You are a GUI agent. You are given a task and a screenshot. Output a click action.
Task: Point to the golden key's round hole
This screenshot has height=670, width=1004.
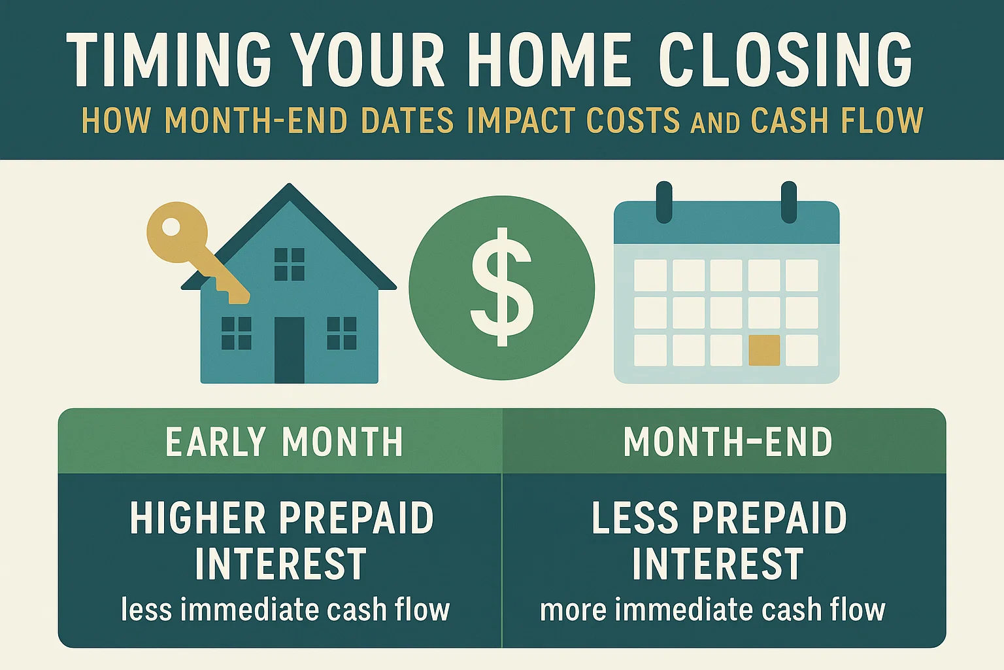tap(171, 227)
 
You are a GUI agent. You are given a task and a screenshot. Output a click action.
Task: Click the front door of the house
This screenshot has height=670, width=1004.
tap(289, 350)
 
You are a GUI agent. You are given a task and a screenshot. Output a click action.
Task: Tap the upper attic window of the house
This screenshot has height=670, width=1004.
tap(289, 264)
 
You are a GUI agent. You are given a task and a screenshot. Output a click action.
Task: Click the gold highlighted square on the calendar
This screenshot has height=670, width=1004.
tap(763, 350)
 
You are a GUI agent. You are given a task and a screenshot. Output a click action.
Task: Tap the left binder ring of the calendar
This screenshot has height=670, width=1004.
tap(663, 201)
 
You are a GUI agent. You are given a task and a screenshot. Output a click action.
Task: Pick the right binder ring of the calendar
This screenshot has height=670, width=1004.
tap(788, 201)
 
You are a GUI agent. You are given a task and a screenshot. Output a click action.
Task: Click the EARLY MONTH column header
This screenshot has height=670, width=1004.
tap(284, 442)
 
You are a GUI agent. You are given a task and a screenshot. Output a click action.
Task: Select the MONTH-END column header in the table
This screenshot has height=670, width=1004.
tap(728, 442)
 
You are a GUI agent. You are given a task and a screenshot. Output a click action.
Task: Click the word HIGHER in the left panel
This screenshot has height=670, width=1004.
tap(195, 518)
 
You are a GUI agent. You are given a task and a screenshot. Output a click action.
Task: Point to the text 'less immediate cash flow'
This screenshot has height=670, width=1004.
tap(285, 610)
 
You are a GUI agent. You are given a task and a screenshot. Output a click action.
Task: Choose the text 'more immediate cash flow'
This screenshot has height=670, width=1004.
tap(712, 610)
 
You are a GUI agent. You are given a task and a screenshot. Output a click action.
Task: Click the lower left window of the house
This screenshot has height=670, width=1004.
tap(236, 332)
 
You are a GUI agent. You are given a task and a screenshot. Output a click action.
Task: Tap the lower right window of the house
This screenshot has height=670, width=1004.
tap(341, 332)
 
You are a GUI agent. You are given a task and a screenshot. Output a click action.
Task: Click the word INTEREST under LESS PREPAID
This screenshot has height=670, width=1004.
tap(717, 564)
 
